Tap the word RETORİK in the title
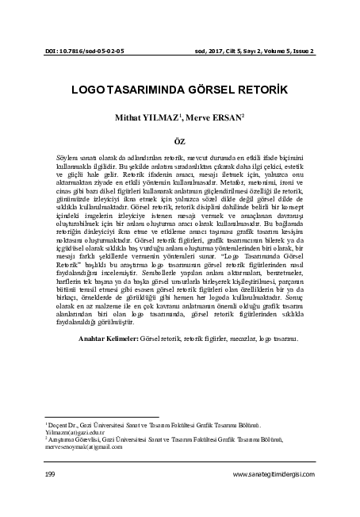coord(251,90)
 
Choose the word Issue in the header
coord(300,52)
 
